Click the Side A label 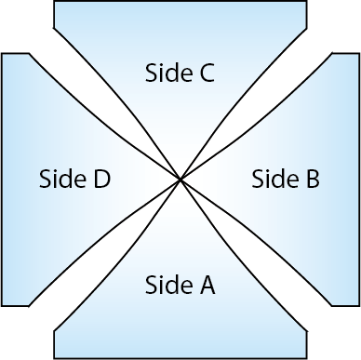(x=180, y=286)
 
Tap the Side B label (x=287, y=179)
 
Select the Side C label (x=180, y=73)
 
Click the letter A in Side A (x=207, y=286)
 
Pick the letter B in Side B (x=312, y=179)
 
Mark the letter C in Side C (x=206, y=73)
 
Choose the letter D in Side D (x=101, y=179)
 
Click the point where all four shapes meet (x=180, y=180)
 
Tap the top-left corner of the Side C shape (x=56, y=3)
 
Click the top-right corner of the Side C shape (x=306, y=3)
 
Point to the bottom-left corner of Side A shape (x=56, y=357)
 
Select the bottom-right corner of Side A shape (x=306, y=357)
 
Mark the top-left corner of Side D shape (x=3, y=54)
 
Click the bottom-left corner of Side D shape (x=3, y=304)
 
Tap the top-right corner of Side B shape (x=358, y=54)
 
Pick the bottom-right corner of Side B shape (x=358, y=304)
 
